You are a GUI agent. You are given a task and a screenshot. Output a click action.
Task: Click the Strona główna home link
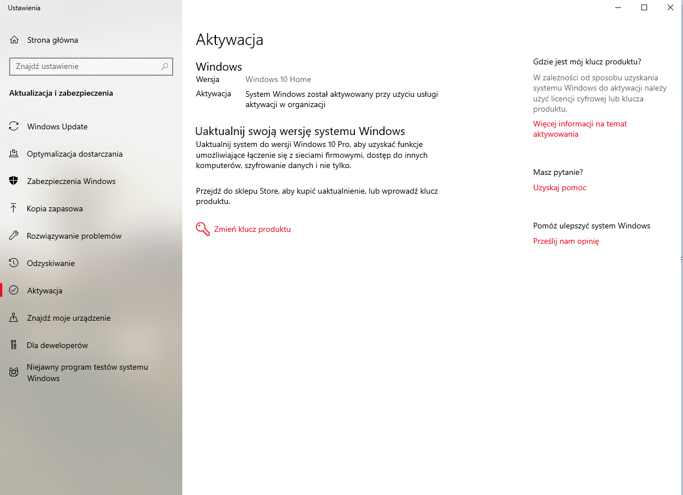point(52,40)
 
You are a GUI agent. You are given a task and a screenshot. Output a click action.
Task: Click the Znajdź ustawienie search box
point(85,67)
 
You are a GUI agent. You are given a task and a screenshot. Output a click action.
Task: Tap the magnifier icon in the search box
point(165,67)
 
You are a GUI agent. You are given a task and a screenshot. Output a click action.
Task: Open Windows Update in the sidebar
point(57,126)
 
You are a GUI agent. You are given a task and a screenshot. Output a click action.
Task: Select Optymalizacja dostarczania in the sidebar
point(74,154)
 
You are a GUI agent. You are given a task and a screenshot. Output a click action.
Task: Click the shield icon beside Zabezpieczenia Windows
point(14,181)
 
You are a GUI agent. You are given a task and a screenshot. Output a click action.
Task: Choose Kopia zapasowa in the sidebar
point(55,208)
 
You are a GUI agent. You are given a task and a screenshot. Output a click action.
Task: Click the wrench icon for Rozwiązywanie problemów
point(14,236)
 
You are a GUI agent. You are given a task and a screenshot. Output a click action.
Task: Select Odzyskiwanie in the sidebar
point(51,263)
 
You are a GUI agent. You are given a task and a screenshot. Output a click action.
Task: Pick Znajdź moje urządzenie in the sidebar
point(68,318)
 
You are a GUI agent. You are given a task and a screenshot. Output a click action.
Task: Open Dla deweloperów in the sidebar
point(57,345)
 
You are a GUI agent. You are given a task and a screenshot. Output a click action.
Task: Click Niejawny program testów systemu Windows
point(87,373)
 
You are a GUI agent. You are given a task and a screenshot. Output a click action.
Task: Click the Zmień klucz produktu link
point(252,229)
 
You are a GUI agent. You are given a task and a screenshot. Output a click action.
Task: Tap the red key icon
point(202,229)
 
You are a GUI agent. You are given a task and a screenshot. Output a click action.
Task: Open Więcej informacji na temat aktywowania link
point(580,129)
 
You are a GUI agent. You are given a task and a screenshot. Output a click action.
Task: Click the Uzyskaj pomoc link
point(559,187)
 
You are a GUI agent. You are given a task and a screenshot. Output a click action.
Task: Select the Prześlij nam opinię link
point(566,241)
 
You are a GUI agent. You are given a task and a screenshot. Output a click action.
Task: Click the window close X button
point(670,7)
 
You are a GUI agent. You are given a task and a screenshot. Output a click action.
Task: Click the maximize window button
point(644,7)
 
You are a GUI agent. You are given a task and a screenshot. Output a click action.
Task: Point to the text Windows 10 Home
point(278,79)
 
